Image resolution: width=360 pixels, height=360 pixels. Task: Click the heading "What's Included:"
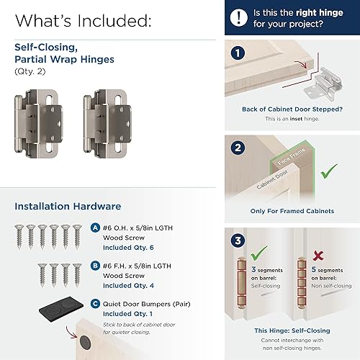coord(82,19)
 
